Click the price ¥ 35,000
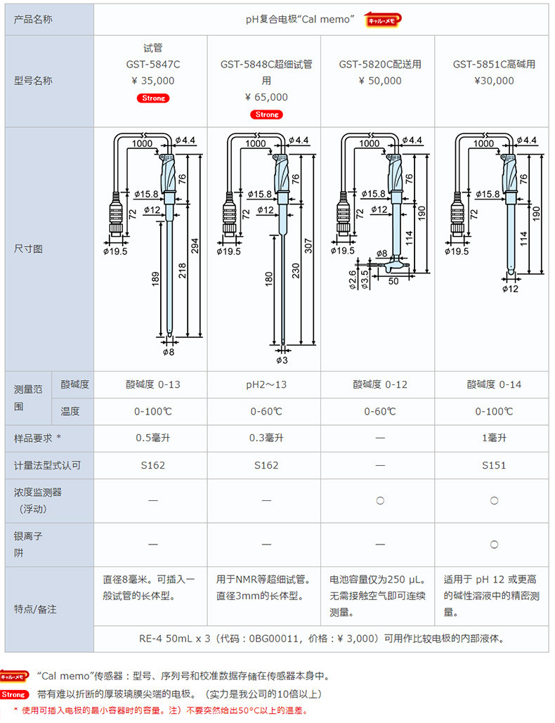pyautogui.click(x=152, y=81)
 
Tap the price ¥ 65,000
pyautogui.click(x=266, y=97)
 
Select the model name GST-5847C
pyautogui.click(x=152, y=65)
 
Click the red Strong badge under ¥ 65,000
pyautogui.click(x=266, y=114)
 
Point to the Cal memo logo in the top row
pyautogui.click(x=384, y=20)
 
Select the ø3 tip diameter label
pyautogui.click(x=282, y=360)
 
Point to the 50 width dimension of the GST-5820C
pyautogui.click(x=393, y=281)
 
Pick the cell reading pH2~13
pyautogui.click(x=266, y=384)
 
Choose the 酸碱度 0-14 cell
pyautogui.click(x=494, y=384)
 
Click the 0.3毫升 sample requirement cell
pyautogui.click(x=266, y=438)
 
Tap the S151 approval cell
pyautogui.click(x=494, y=465)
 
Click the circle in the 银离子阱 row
pyautogui.click(x=494, y=544)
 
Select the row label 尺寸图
pyautogui.click(x=29, y=249)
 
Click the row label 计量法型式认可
pyautogui.click(x=47, y=465)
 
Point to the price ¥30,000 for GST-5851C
pyautogui.click(x=494, y=81)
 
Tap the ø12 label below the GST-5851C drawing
pyautogui.click(x=511, y=288)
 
